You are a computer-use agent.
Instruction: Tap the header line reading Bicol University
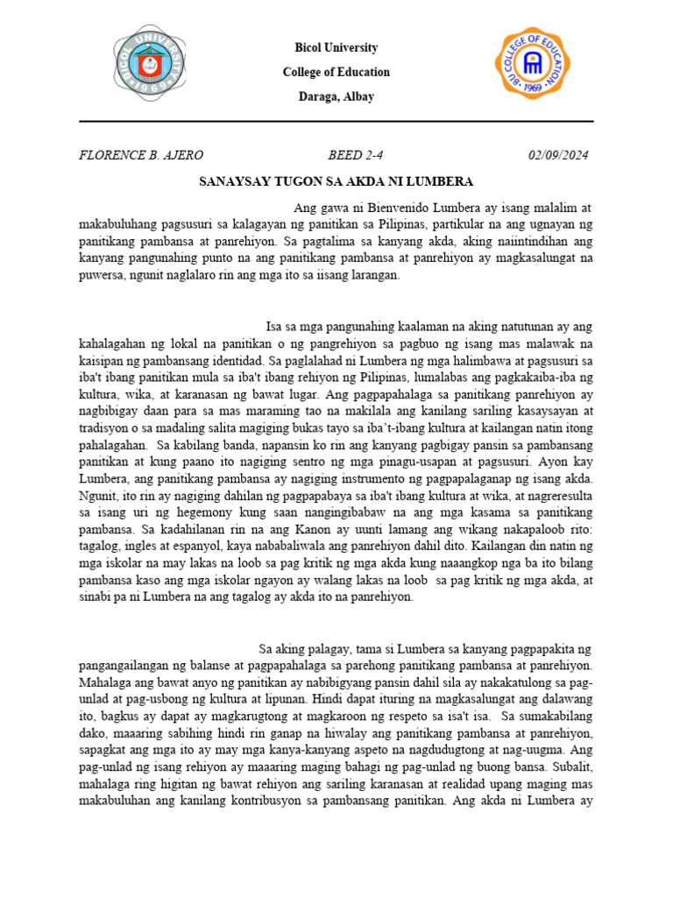tap(336, 47)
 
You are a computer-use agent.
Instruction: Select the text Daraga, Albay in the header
tap(336, 96)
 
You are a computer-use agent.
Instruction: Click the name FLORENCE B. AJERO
tap(141, 156)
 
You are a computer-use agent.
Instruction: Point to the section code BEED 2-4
tap(356, 156)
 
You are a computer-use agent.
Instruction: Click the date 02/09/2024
tap(558, 156)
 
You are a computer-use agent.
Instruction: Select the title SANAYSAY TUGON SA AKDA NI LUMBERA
tap(336, 181)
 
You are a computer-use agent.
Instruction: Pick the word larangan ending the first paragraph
tap(372, 274)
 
